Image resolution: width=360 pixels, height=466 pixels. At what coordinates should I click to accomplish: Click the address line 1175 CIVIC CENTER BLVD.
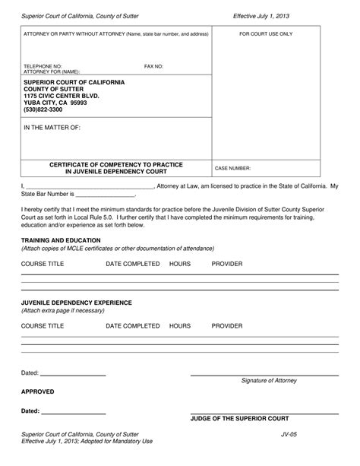coord(67,96)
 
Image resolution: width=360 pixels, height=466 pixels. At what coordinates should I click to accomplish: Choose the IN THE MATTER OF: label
coord(52,128)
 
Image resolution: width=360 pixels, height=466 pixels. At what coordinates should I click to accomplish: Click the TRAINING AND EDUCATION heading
coord(60,240)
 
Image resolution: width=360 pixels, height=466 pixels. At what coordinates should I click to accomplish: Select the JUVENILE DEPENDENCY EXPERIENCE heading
coord(76,302)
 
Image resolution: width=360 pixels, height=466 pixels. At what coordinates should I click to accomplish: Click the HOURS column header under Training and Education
coord(180,263)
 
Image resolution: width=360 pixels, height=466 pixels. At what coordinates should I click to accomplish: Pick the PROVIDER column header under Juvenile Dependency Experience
coord(227,325)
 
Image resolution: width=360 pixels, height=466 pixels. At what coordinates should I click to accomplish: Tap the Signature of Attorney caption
coord(269,380)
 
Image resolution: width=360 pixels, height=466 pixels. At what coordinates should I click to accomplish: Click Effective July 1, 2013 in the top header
coord(261,15)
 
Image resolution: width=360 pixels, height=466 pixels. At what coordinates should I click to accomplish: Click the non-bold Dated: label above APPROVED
coord(30,374)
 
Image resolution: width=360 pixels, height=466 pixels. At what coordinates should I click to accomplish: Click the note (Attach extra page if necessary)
coord(62,310)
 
